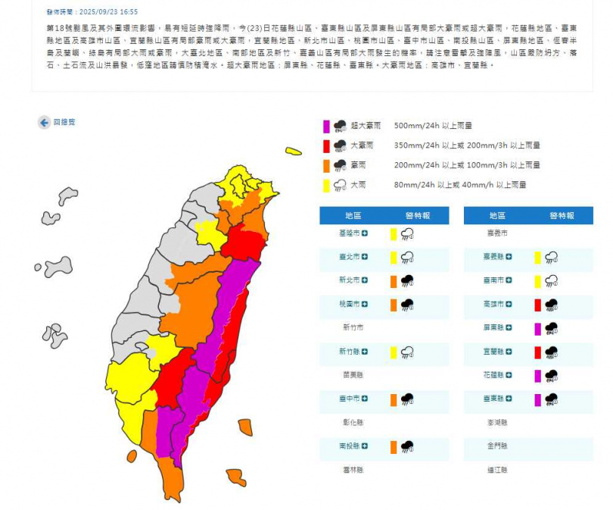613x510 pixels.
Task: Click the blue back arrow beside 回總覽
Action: (x=45, y=122)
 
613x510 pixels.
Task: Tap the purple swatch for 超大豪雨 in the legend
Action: (x=325, y=125)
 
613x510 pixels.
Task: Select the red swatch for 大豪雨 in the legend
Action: (x=325, y=145)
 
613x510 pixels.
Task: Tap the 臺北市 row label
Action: (x=350, y=257)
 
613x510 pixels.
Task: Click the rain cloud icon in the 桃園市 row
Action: (x=407, y=305)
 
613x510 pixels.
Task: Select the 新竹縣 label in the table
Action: (x=350, y=352)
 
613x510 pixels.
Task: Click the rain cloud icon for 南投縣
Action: (x=407, y=446)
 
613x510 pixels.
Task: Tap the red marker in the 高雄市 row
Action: (x=538, y=305)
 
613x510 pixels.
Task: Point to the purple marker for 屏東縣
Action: (x=538, y=328)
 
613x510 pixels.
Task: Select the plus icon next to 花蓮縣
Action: (x=511, y=375)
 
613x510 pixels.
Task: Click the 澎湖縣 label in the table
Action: (x=498, y=422)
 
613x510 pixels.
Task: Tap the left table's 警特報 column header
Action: (x=417, y=215)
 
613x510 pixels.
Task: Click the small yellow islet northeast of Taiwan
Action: (x=294, y=152)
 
